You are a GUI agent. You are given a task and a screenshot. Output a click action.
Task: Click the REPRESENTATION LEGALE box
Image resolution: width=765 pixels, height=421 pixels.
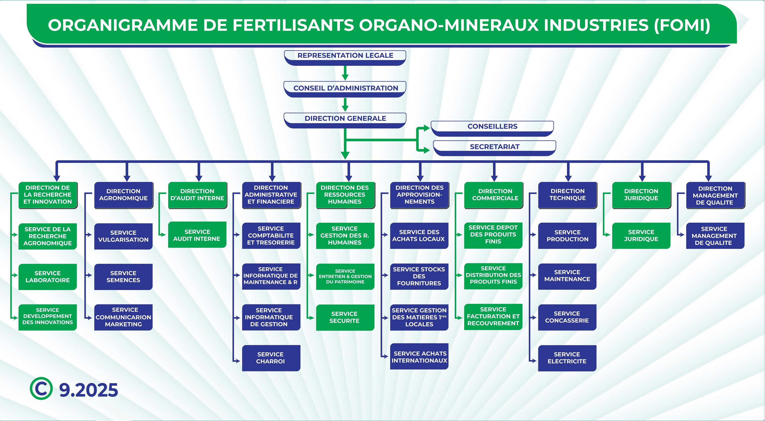tap(345, 56)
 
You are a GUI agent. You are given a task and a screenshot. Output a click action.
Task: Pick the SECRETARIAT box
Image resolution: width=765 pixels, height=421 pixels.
tap(495, 147)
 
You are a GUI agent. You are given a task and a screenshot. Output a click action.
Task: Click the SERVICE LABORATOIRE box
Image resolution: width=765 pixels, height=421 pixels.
tap(47, 277)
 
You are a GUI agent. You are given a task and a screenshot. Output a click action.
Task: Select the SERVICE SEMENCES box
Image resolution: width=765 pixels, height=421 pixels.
tap(123, 277)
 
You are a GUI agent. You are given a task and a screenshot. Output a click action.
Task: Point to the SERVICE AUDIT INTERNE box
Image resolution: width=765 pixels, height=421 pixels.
tap(197, 235)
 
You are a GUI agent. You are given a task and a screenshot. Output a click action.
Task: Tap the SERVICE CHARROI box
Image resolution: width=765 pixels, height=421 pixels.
tap(270, 358)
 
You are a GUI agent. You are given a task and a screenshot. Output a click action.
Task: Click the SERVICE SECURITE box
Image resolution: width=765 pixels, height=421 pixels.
tap(345, 317)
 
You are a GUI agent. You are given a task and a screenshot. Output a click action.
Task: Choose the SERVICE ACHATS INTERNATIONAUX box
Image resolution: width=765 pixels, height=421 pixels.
tap(419, 357)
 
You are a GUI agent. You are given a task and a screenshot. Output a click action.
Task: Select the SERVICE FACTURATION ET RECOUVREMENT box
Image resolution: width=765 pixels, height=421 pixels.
tap(493, 317)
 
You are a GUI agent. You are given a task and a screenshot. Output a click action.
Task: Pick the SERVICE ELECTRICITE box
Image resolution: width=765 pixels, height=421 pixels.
tap(567, 358)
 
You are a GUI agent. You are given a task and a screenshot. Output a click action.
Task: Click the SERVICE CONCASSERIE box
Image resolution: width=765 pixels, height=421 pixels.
tap(567, 317)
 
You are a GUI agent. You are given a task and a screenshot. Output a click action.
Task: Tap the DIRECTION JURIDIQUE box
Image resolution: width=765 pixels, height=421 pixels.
tap(641, 195)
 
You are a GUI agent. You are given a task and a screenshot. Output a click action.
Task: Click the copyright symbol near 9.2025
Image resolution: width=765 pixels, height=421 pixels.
tap(41, 389)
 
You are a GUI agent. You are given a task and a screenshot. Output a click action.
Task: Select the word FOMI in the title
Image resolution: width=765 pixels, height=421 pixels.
tap(682, 25)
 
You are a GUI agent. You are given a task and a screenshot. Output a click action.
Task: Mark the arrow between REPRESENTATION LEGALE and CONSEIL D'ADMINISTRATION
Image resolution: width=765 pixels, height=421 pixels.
tap(345, 73)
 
